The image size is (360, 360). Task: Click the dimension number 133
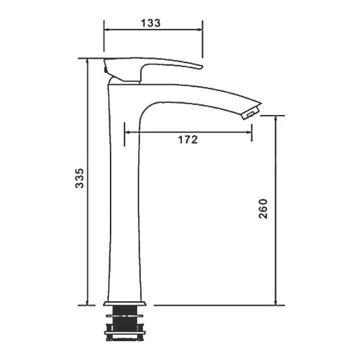[x=150, y=23]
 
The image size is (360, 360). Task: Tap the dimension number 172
[x=188, y=140]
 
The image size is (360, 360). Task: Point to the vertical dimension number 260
[x=263, y=208]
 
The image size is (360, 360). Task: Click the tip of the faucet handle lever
[x=201, y=67]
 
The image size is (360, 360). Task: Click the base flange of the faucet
[x=124, y=304]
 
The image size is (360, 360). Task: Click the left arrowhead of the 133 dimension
[x=107, y=30]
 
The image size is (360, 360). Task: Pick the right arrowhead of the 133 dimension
[x=200, y=30]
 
